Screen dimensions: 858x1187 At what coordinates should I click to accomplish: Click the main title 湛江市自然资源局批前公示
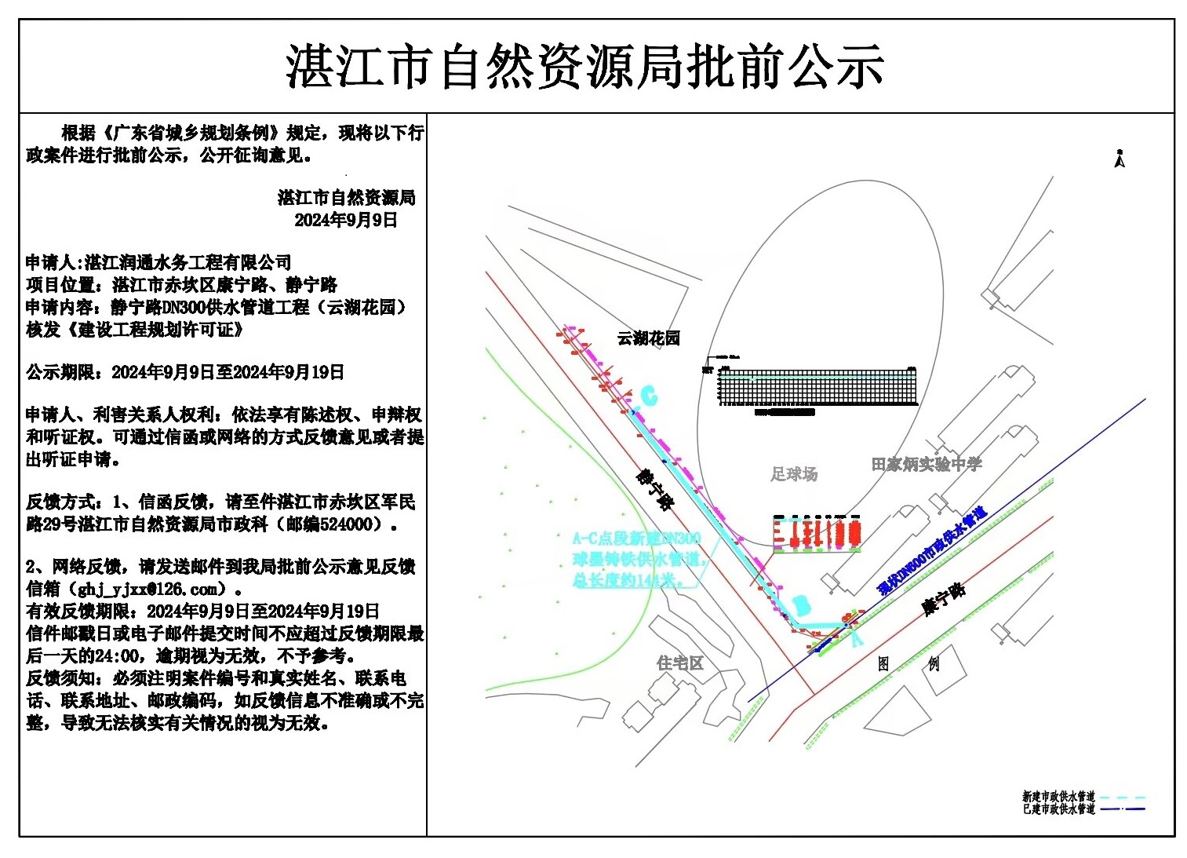pos(585,66)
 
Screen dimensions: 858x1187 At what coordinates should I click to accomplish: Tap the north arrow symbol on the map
pos(1120,159)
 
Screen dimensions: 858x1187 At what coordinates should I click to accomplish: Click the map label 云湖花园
pos(648,338)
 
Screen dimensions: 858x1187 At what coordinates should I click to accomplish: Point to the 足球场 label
pos(793,473)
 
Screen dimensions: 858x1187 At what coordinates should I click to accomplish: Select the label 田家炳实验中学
pos(926,465)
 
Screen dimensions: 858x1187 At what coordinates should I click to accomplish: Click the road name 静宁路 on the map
pos(654,490)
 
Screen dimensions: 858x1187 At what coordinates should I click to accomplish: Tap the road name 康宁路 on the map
pos(943,599)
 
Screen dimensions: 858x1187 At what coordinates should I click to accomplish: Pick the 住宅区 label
pos(679,663)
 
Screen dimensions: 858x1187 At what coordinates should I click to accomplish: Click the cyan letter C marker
pos(648,395)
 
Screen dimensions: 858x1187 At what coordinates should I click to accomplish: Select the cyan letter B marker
pos(800,605)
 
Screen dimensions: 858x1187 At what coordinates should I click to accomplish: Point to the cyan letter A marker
pos(856,639)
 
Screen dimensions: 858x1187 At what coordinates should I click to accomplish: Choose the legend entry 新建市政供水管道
pos(1058,797)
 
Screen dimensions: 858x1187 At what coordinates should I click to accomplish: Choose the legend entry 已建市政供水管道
pos(1058,809)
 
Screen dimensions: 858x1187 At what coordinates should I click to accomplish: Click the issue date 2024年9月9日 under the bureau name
pos(346,220)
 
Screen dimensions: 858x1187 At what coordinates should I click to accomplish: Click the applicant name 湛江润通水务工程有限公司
pos(188,262)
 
